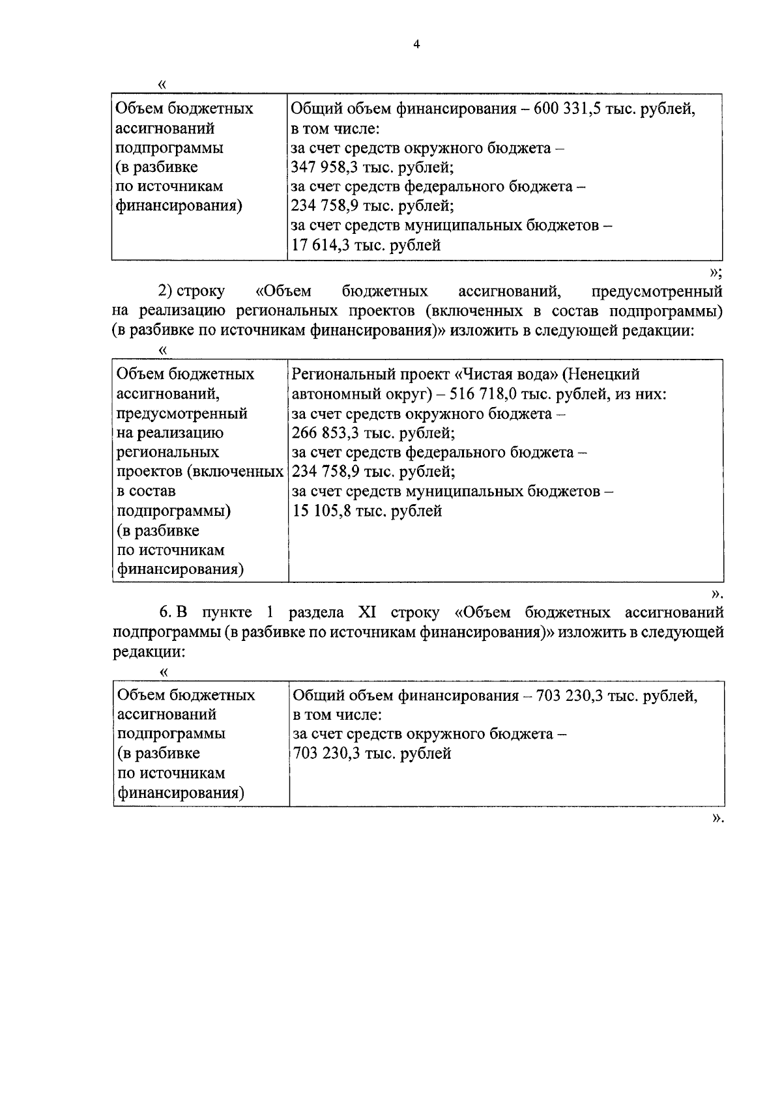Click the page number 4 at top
(416, 45)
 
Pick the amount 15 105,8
(323, 511)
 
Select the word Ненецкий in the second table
(604, 374)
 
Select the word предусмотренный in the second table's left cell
(182, 413)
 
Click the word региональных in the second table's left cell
(167, 452)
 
